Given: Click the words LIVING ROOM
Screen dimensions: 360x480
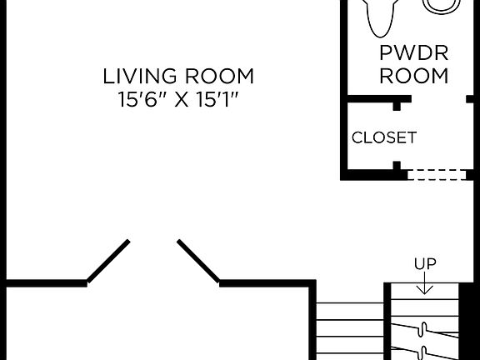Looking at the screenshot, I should tap(178, 77).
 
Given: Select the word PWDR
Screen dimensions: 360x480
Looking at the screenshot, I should tap(413, 54).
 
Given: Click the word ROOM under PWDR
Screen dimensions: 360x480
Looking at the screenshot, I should tap(413, 76).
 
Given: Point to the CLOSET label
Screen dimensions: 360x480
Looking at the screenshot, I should tap(383, 137).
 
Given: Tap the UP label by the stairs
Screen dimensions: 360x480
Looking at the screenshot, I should tap(425, 263).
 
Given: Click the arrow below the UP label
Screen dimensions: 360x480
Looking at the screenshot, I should tap(425, 284).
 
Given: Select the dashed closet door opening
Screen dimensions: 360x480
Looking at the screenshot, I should tap(434, 174).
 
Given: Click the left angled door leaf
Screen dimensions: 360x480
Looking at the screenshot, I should tap(108, 262).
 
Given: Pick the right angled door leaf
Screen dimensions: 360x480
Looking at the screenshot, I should tap(199, 262).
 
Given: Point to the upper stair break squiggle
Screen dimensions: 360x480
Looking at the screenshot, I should tap(425, 327).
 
